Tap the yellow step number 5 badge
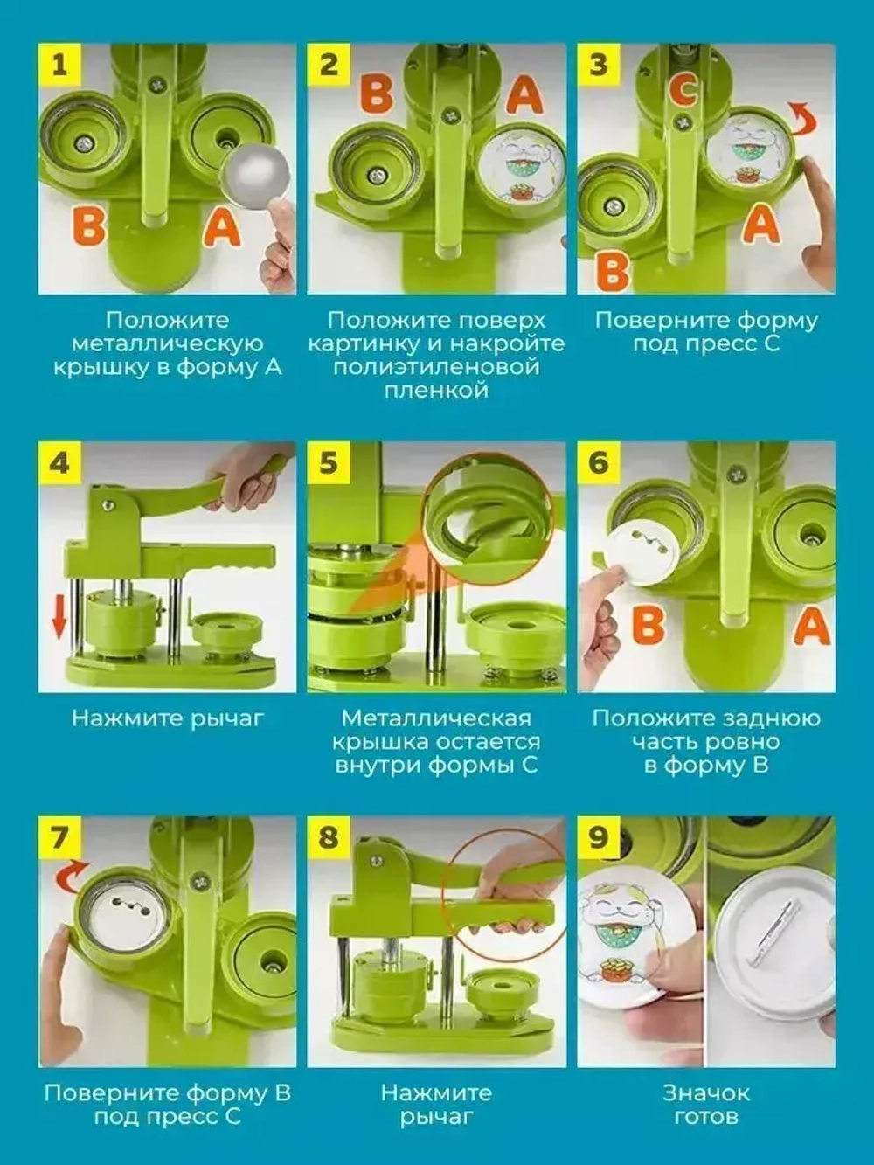click(329, 463)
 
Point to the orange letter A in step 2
click(524, 96)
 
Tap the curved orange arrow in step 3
click(806, 119)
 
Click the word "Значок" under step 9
click(706, 1104)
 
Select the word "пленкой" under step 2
click(436, 391)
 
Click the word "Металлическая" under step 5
click(436, 718)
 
